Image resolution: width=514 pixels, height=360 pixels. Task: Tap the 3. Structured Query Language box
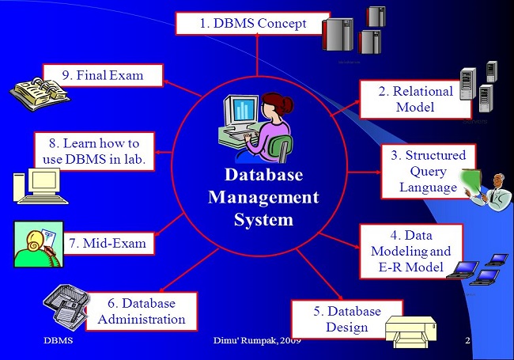(424, 171)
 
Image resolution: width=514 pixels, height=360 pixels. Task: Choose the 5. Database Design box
(346, 320)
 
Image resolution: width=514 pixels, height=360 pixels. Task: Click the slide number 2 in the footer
(467, 340)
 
